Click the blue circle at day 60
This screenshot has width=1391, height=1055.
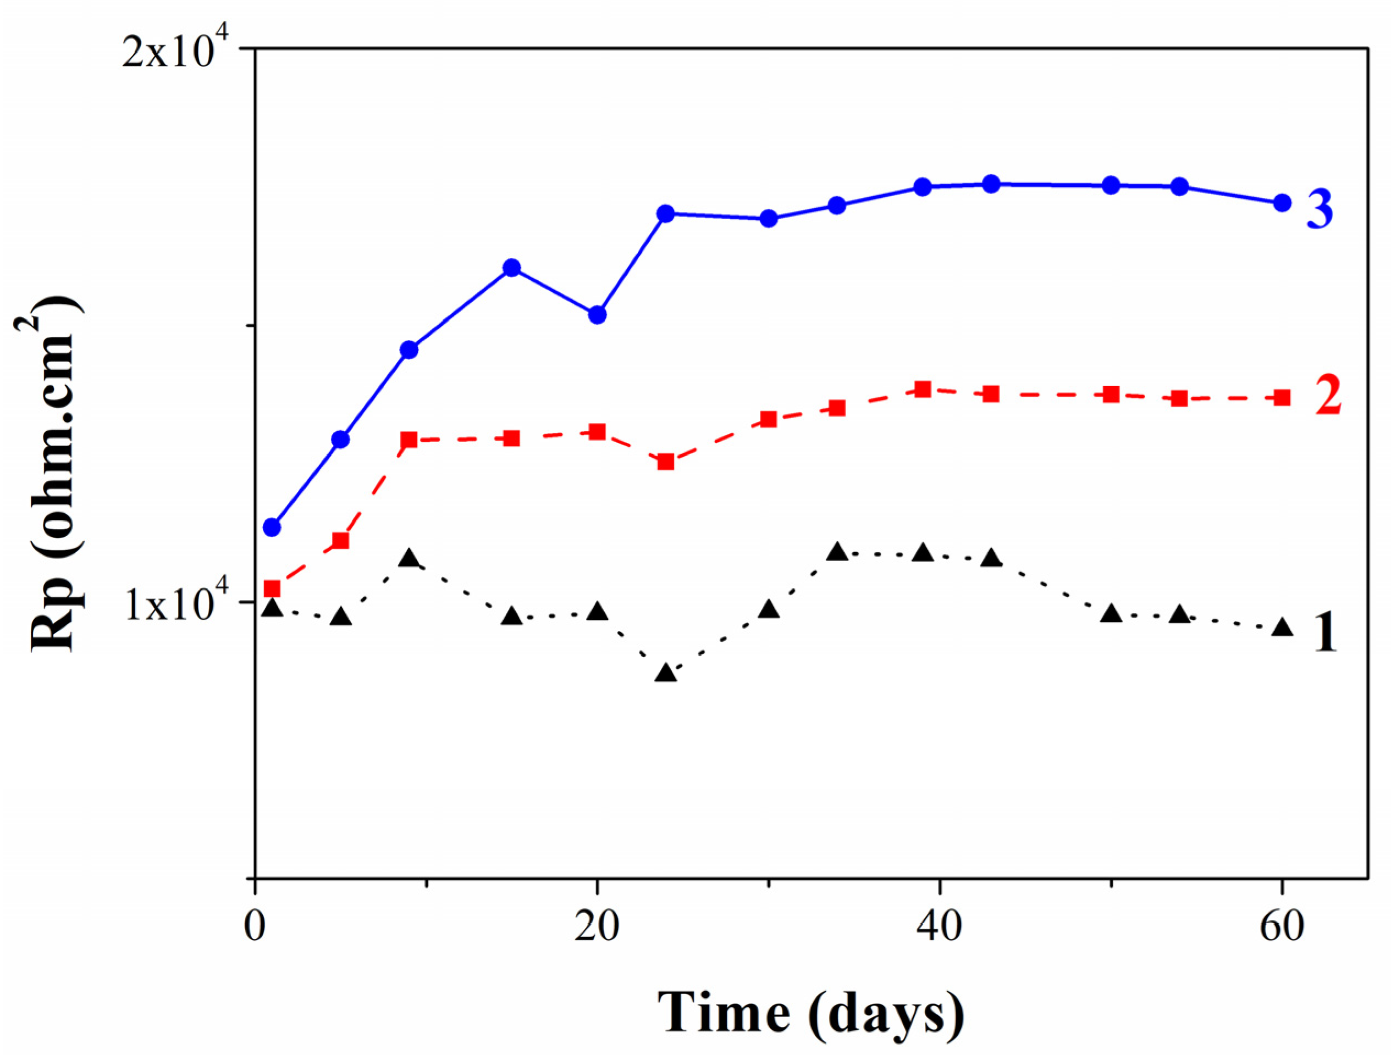pos(1282,202)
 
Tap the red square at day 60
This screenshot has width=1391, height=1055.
pos(1282,397)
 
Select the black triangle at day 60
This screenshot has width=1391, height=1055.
pos(1282,628)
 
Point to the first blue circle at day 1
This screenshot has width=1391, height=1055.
pos(272,526)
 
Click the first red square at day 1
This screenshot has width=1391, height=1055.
pos(272,588)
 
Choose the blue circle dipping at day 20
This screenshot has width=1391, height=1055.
pos(598,315)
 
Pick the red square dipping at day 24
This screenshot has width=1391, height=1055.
pos(666,462)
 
